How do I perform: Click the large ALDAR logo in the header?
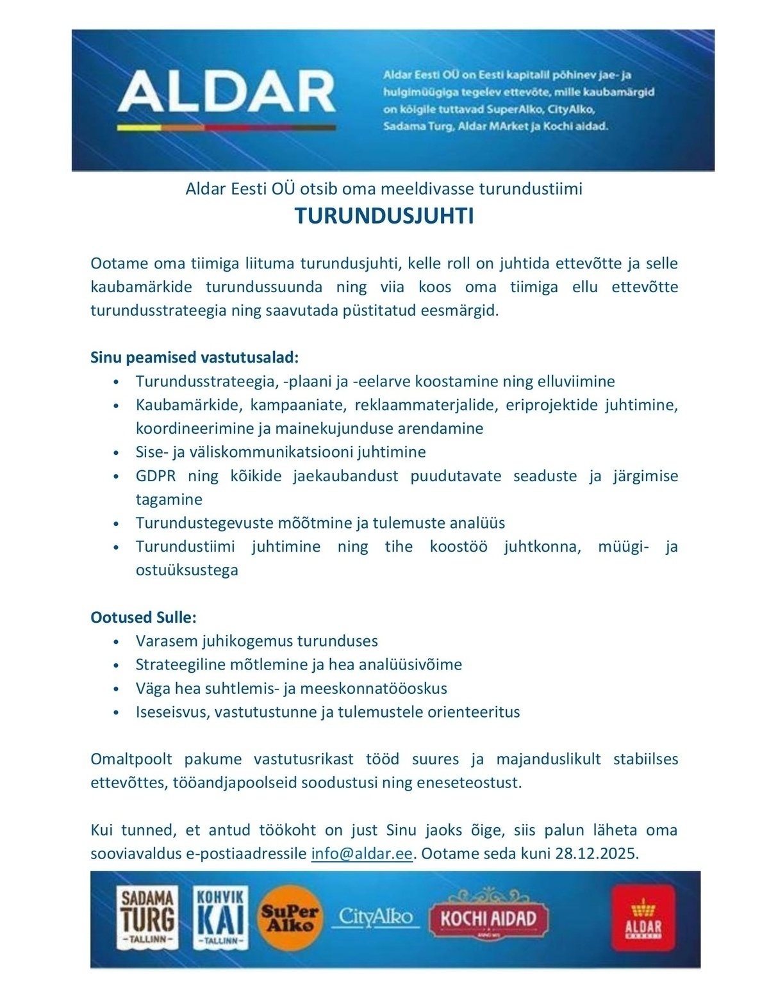226,94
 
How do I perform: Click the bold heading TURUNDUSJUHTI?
384,217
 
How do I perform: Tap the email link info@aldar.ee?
361,854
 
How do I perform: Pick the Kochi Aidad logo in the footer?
487,918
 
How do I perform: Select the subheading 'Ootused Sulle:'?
144,617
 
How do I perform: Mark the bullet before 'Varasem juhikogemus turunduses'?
116,641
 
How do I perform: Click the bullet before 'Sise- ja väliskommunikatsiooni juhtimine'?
116,453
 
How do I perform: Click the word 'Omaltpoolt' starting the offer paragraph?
131,759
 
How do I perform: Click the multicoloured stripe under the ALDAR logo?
226,128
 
